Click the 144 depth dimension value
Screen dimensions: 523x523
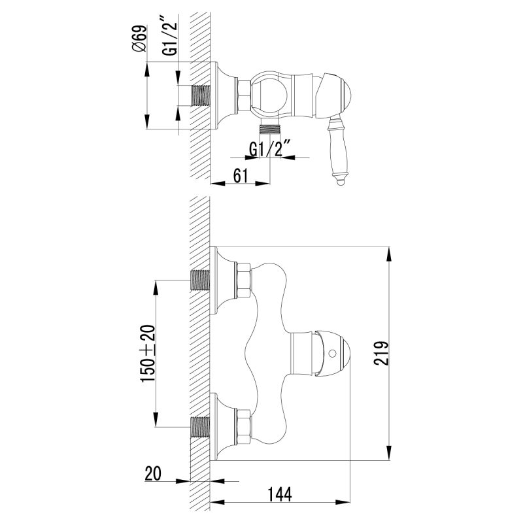tap(279, 494)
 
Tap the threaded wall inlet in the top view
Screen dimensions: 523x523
tap(202, 96)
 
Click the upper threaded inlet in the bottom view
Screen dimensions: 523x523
tap(201, 280)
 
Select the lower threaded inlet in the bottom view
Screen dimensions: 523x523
tap(201, 427)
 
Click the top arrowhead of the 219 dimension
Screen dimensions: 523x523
tap(390, 252)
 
